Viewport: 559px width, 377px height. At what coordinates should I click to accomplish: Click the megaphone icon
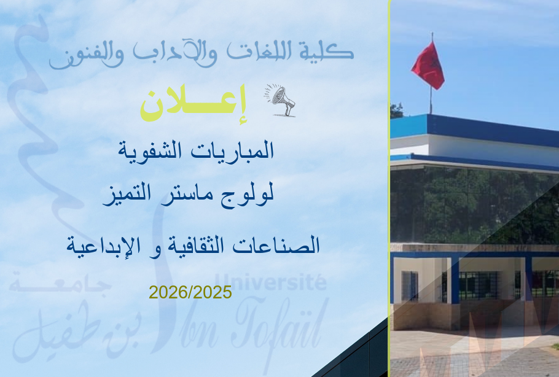point(280,100)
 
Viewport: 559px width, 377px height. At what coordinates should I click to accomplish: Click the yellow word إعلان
point(193,104)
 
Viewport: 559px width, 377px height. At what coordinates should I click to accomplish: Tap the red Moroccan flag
point(428,66)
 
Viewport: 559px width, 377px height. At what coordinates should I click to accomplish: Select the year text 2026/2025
point(190,292)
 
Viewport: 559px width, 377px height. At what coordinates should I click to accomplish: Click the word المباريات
point(232,150)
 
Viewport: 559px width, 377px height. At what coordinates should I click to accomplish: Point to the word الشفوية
point(150,150)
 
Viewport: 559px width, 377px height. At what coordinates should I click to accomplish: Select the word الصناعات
point(276,245)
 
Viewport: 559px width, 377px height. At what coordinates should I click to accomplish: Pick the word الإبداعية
point(103,245)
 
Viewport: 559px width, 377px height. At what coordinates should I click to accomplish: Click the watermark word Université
point(270,282)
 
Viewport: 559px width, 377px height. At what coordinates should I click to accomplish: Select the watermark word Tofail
point(280,324)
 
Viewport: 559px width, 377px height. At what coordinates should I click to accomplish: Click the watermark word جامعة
point(60,284)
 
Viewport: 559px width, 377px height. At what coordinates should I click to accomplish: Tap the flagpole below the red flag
point(431,99)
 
